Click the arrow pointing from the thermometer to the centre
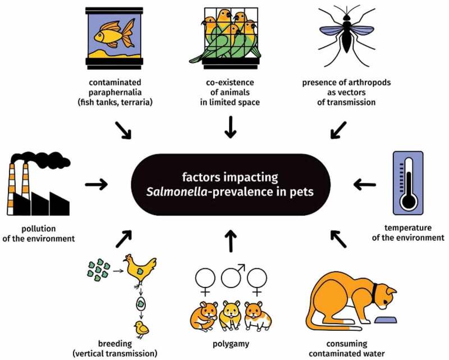pos(364,183)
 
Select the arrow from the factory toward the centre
pos(97,183)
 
